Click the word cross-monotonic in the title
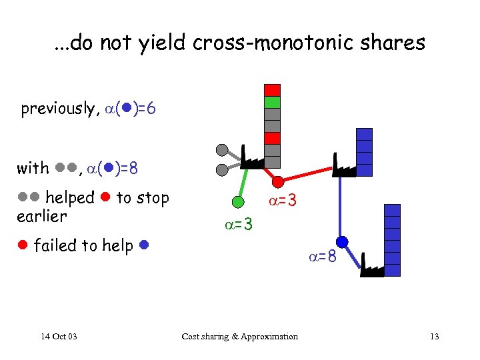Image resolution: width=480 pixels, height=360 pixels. [x=267, y=43]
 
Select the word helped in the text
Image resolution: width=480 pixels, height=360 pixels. [x=70, y=198]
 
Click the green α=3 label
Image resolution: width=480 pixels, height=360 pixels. [x=238, y=225]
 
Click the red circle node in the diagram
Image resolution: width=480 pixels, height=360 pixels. [x=279, y=180]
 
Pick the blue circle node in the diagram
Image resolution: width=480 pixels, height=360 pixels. [x=342, y=241]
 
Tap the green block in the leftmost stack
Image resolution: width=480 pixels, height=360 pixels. [x=272, y=102]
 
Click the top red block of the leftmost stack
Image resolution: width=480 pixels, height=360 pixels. [x=272, y=90]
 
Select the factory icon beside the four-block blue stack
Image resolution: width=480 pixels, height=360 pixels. [x=343, y=167]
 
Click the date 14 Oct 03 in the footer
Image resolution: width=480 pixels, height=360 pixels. [x=58, y=336]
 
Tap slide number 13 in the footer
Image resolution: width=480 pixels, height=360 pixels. [x=434, y=336]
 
